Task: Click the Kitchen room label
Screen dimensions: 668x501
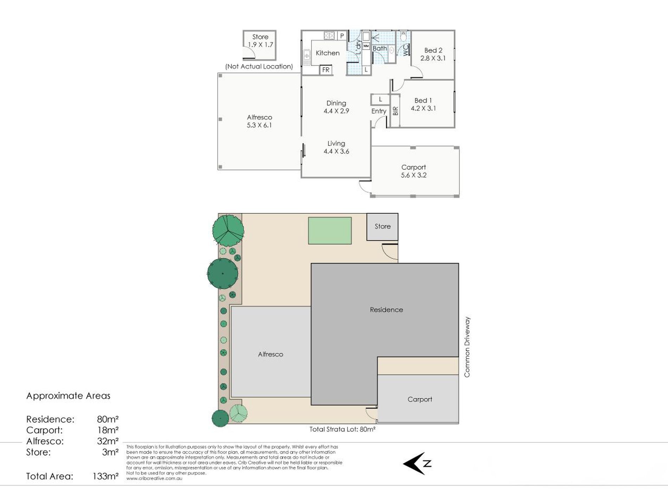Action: pyautogui.click(x=328, y=53)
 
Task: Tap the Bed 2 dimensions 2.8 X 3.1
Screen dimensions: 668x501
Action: pyautogui.click(x=433, y=58)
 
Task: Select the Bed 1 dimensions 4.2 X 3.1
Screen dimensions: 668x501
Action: pyautogui.click(x=423, y=108)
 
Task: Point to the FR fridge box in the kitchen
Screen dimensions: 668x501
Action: pyautogui.click(x=326, y=70)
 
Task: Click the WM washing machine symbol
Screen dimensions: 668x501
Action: pyautogui.click(x=366, y=46)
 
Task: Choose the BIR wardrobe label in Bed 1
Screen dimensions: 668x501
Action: pyautogui.click(x=396, y=111)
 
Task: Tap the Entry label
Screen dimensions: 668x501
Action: pyautogui.click(x=379, y=111)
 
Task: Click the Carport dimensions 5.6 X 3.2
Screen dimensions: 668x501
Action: pyautogui.click(x=414, y=175)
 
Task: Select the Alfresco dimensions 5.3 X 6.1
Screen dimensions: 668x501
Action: pyautogui.click(x=259, y=125)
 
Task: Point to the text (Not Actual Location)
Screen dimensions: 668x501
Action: pyautogui.click(x=259, y=66)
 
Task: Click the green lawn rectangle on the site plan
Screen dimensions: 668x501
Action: pyautogui.click(x=330, y=231)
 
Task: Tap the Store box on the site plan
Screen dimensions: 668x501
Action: pyautogui.click(x=383, y=227)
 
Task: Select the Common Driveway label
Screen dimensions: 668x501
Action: pyautogui.click(x=467, y=347)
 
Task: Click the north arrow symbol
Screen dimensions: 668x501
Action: pyautogui.click(x=417, y=463)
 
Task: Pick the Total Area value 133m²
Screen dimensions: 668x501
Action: pyautogui.click(x=105, y=476)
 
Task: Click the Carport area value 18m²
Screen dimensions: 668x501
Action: pyautogui.click(x=108, y=430)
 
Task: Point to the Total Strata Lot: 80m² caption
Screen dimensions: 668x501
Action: pyautogui.click(x=342, y=429)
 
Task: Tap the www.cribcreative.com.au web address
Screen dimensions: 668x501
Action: pyautogui.click(x=154, y=478)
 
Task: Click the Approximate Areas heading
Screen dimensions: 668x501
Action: pyautogui.click(x=68, y=396)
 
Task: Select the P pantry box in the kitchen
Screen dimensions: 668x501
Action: pyautogui.click(x=342, y=36)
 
